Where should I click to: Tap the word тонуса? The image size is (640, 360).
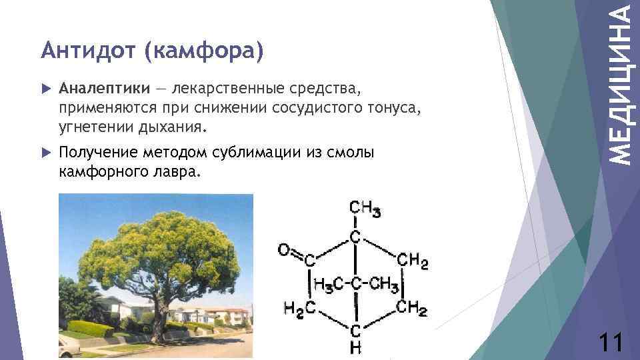[x=394, y=107]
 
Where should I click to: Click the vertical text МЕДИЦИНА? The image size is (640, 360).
[x=621, y=83]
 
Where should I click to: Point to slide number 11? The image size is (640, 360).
[x=611, y=343]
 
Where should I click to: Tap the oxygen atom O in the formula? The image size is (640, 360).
[x=283, y=251]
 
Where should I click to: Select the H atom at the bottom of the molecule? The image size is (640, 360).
[x=357, y=347]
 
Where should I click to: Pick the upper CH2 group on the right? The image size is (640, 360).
[x=413, y=260]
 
